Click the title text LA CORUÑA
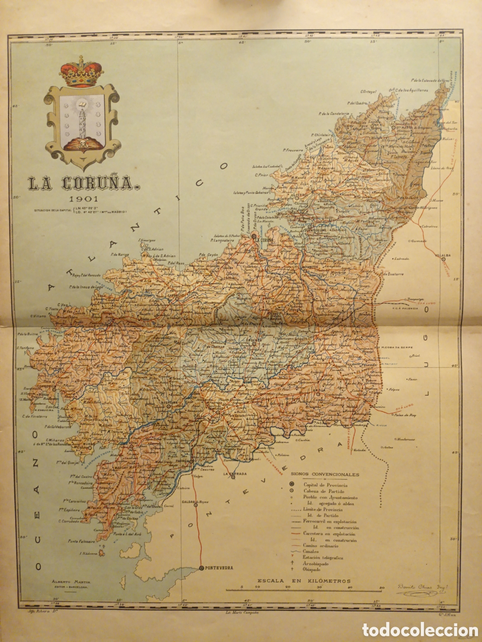[x=83, y=184]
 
